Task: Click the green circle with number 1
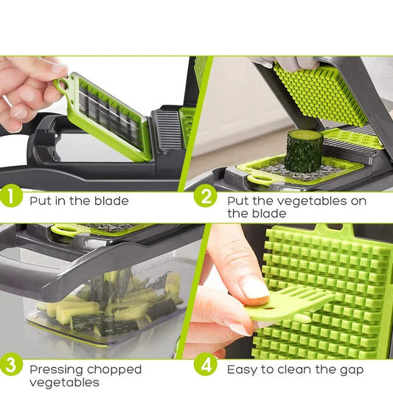tap(13, 198)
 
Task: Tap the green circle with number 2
tap(206, 198)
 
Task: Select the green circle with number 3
tap(13, 366)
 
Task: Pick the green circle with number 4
tap(206, 366)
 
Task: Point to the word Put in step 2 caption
tap(239, 200)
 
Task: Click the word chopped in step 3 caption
tap(117, 369)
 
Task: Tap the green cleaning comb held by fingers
tap(291, 303)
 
